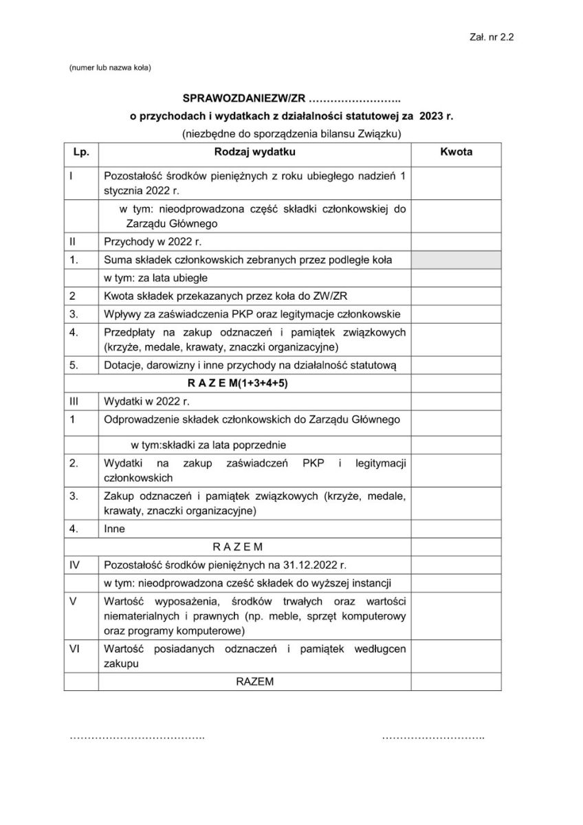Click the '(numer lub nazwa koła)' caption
point(110,67)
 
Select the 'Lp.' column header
point(81,152)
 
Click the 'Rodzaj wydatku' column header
point(254,152)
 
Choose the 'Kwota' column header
point(456,152)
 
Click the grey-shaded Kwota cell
point(456,260)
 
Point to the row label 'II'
point(73,242)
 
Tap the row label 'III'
point(74,401)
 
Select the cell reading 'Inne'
point(113,529)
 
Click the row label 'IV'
point(75,565)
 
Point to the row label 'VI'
point(75,649)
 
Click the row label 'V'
point(73,601)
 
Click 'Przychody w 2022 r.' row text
point(152,242)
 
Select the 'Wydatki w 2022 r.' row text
point(146,401)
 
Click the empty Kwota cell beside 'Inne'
point(456,529)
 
